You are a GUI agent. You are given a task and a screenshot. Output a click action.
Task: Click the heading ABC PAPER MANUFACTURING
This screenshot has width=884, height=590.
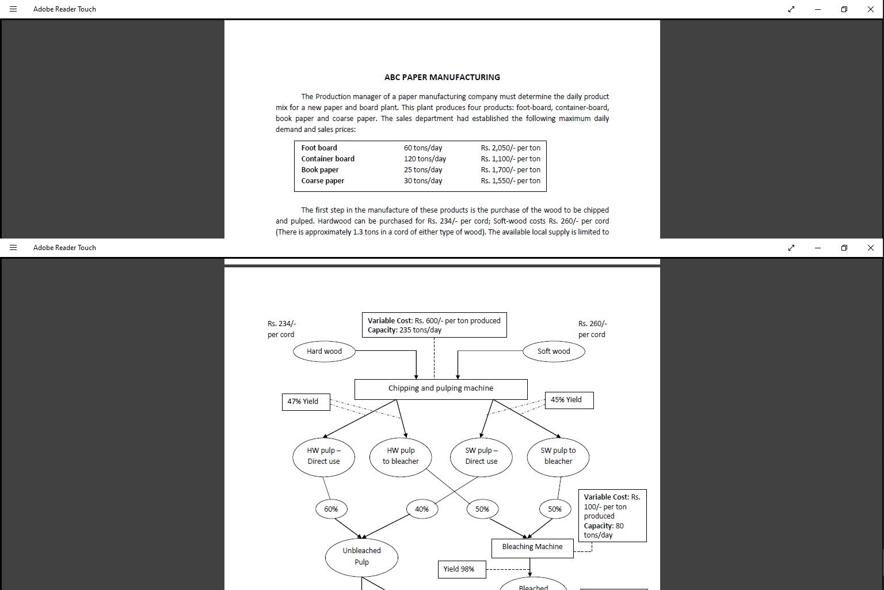pyautogui.click(x=442, y=77)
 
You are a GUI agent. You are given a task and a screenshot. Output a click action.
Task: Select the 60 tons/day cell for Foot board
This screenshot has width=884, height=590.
pyautogui.click(x=423, y=148)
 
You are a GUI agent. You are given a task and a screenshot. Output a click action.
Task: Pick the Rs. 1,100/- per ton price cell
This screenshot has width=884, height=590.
pyautogui.click(x=510, y=159)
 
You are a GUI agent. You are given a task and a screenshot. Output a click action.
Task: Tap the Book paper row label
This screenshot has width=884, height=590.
pyautogui.click(x=320, y=170)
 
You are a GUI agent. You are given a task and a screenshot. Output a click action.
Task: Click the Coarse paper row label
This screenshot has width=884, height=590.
pyautogui.click(x=322, y=181)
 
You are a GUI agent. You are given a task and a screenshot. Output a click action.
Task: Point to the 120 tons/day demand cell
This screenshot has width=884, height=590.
pyautogui.click(x=425, y=159)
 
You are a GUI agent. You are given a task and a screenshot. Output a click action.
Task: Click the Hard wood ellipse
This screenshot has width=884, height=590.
pyautogui.click(x=324, y=351)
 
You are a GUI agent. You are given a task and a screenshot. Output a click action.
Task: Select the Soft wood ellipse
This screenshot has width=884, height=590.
pyautogui.click(x=554, y=351)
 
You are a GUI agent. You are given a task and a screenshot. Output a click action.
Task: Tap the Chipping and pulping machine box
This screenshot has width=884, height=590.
pyautogui.click(x=441, y=389)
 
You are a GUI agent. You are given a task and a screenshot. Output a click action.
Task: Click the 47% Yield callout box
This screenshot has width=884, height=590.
pyautogui.click(x=306, y=402)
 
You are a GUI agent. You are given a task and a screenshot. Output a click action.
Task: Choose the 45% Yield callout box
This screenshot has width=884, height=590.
pyautogui.click(x=569, y=400)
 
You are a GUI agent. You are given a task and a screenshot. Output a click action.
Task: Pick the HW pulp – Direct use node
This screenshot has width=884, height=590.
pyautogui.click(x=323, y=456)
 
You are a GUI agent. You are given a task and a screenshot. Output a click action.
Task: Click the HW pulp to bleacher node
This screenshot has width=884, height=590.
pyautogui.click(x=401, y=456)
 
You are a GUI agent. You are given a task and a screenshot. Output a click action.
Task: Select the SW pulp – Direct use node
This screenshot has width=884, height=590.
pyautogui.click(x=481, y=456)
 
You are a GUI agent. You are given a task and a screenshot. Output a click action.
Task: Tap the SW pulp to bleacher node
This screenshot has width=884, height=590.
pyautogui.click(x=558, y=456)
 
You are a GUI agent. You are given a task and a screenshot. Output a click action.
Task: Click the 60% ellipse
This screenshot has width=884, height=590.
pyautogui.click(x=331, y=509)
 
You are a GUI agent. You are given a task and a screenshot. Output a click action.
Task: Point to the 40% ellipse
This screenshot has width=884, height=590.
pyautogui.click(x=422, y=509)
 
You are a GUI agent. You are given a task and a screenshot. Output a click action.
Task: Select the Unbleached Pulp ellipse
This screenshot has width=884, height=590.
pyautogui.click(x=361, y=557)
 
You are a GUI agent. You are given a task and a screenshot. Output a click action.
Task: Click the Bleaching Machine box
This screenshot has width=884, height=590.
pyautogui.click(x=532, y=547)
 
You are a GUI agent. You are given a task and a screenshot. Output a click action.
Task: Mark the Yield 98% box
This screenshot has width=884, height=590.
pyautogui.click(x=462, y=569)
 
